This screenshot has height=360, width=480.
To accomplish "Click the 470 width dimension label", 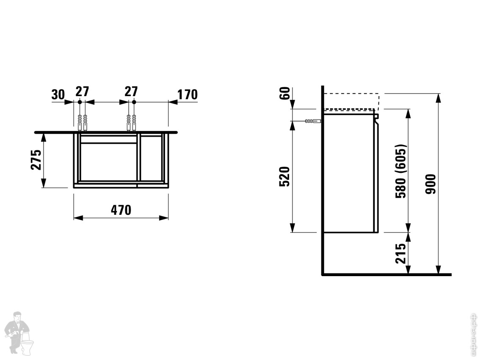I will click(x=121, y=210).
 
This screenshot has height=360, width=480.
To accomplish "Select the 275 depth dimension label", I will click(x=36, y=160).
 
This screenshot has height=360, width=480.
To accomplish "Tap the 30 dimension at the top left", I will click(x=58, y=94).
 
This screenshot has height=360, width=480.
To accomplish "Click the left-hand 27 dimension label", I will click(x=83, y=91).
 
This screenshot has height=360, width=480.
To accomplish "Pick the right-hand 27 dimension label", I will click(x=131, y=91).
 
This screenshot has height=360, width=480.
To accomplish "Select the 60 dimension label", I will click(x=285, y=93).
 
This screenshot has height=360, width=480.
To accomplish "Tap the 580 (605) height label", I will click(x=400, y=171).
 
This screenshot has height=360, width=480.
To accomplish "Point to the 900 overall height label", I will click(x=430, y=184).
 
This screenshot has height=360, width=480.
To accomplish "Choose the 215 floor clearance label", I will click(x=400, y=253).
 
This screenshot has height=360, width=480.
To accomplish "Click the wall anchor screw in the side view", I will click(x=313, y=122).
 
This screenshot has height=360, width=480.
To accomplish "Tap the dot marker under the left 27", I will click(x=80, y=102).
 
